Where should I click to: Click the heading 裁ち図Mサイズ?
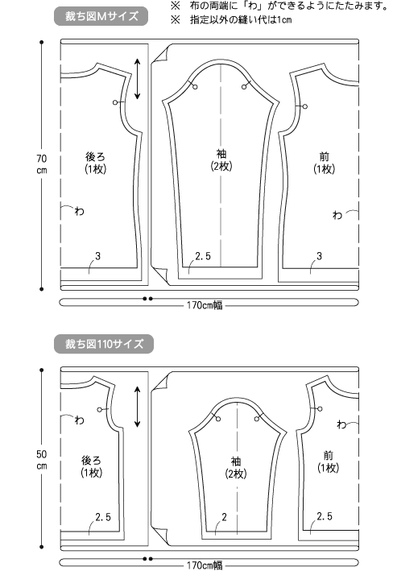[101, 16]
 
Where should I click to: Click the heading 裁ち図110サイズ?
[104, 344]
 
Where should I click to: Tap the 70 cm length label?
[42, 164]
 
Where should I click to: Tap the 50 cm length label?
[42, 460]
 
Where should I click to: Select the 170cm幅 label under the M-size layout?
[205, 305]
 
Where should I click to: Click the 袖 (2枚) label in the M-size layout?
[221, 160]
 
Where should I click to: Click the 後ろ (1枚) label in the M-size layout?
[95, 163]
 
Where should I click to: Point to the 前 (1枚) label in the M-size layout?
[325, 163]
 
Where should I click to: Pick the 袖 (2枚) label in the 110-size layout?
[236, 468]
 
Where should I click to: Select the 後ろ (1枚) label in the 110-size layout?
[92, 466]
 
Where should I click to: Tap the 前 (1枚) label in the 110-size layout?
[328, 461]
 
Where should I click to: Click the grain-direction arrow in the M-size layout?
[138, 79]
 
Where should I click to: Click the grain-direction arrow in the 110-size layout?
[138, 407]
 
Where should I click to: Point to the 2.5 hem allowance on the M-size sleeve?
[203, 256]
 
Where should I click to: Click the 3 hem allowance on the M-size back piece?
[97, 256]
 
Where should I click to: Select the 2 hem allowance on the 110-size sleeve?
[224, 517]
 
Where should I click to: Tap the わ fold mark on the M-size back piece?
[80, 211]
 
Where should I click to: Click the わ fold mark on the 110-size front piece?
[341, 424]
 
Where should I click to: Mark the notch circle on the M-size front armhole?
[305, 106]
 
